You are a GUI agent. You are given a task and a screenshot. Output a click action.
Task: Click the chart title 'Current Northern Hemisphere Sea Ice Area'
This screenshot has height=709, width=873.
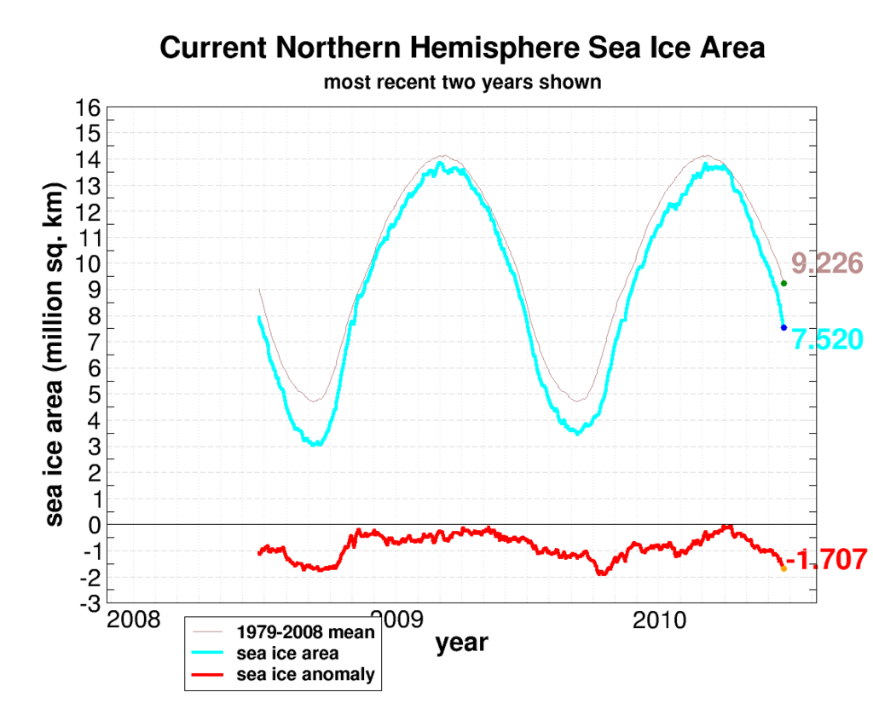click(462, 48)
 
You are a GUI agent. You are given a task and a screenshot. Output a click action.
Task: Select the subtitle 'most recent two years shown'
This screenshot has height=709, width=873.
click(462, 83)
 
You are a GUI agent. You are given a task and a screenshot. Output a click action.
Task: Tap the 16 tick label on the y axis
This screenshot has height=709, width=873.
click(90, 108)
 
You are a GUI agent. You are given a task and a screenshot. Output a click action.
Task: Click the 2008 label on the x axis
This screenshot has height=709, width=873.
click(133, 620)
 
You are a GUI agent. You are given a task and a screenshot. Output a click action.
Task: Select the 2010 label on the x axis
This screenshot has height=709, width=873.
click(660, 620)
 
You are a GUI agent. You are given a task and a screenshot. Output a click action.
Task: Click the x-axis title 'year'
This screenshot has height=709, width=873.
click(462, 643)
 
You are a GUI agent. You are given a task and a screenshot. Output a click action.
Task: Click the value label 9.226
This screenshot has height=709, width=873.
click(828, 263)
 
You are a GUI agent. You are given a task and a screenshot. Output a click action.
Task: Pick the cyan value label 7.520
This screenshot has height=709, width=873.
click(828, 339)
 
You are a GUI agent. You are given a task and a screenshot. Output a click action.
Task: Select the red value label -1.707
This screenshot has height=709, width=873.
click(826, 560)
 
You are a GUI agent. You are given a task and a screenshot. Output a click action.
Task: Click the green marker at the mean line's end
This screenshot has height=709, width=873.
click(783, 283)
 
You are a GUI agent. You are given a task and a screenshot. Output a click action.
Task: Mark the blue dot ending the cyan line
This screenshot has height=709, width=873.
click(783, 327)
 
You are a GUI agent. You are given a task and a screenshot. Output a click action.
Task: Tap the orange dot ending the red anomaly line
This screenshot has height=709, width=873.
click(783, 568)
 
